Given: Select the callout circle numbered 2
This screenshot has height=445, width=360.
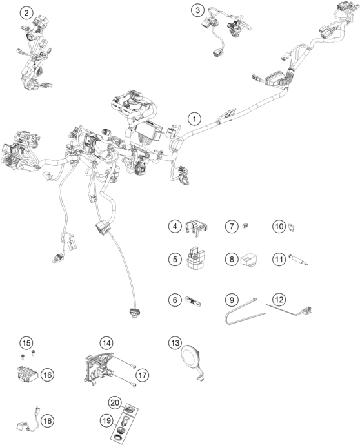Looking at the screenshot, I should (x=26, y=13).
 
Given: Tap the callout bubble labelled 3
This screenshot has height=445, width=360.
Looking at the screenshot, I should (x=198, y=10).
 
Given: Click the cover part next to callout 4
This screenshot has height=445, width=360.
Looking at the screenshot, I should (x=196, y=227).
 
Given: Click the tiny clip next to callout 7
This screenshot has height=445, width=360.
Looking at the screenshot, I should (x=246, y=226).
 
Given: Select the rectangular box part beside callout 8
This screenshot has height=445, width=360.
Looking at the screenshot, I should (x=250, y=260).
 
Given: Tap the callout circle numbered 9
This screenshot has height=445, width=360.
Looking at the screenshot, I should (x=230, y=300).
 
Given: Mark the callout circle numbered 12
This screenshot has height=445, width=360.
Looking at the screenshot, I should (x=278, y=300).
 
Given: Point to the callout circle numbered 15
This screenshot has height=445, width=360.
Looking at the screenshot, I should (x=26, y=342).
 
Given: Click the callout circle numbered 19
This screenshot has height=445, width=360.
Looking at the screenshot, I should (x=106, y=420).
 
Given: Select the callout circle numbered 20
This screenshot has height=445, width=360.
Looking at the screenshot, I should (x=115, y=402).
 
